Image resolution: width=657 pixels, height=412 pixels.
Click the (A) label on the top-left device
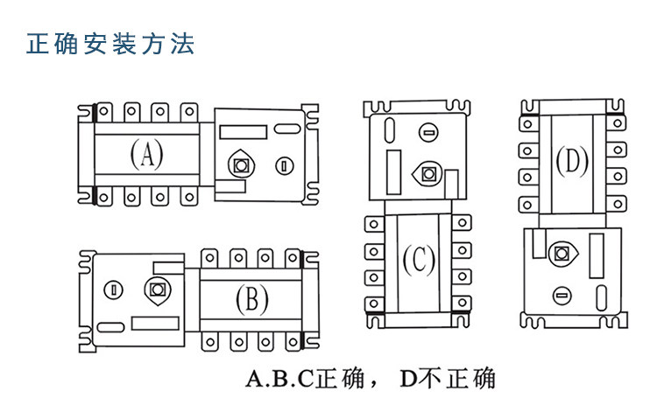tap(146, 154)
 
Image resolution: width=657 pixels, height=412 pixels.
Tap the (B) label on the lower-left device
tap(251, 299)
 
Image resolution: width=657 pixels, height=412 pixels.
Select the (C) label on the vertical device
tap(419, 260)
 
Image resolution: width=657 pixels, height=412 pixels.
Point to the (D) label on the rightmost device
tap(572, 161)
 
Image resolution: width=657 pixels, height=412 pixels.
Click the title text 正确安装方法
tap(110, 44)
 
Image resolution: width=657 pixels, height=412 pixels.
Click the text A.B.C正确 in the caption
tap(305, 378)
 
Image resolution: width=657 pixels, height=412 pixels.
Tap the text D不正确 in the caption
tap(448, 378)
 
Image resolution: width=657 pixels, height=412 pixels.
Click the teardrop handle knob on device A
tap(241, 164)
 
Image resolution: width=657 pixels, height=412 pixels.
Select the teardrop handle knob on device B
tap(157, 290)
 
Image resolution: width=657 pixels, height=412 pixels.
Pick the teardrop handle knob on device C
tap(427, 172)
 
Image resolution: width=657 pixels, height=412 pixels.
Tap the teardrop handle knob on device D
tap(563, 254)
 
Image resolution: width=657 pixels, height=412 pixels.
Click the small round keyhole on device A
tap(285, 166)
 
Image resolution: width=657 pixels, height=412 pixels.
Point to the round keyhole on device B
tap(113, 290)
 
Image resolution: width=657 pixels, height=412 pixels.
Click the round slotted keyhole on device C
tap(428, 133)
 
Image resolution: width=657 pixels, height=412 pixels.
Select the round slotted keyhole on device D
tap(562, 296)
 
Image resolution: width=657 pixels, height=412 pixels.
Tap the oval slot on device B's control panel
tap(110, 327)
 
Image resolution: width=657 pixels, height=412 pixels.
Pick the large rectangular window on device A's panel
tap(243, 132)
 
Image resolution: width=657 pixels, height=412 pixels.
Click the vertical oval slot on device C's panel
tap(390, 130)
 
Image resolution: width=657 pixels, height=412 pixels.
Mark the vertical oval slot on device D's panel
tap(601, 297)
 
